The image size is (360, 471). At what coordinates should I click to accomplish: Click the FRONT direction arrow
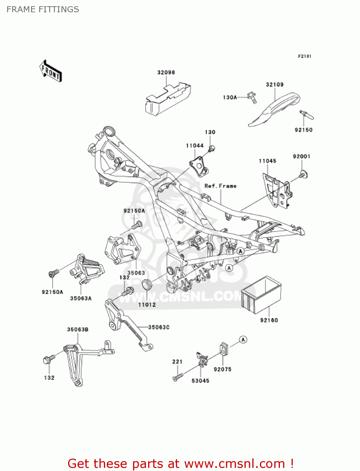(50, 71)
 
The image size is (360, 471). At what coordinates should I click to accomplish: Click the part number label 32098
(166, 73)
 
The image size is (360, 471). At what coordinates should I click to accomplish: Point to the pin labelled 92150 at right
(307, 115)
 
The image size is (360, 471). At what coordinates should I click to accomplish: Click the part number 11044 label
(195, 146)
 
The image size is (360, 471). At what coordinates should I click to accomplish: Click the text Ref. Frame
(220, 186)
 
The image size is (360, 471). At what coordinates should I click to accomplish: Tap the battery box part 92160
(261, 295)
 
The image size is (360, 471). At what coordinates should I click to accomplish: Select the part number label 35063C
(159, 328)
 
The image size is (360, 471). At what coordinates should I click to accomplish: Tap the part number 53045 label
(200, 381)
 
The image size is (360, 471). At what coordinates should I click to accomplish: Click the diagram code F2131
(304, 56)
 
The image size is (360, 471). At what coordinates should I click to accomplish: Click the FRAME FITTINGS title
(43, 9)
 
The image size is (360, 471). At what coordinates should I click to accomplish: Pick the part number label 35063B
(78, 330)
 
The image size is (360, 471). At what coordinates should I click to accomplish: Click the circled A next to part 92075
(243, 339)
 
